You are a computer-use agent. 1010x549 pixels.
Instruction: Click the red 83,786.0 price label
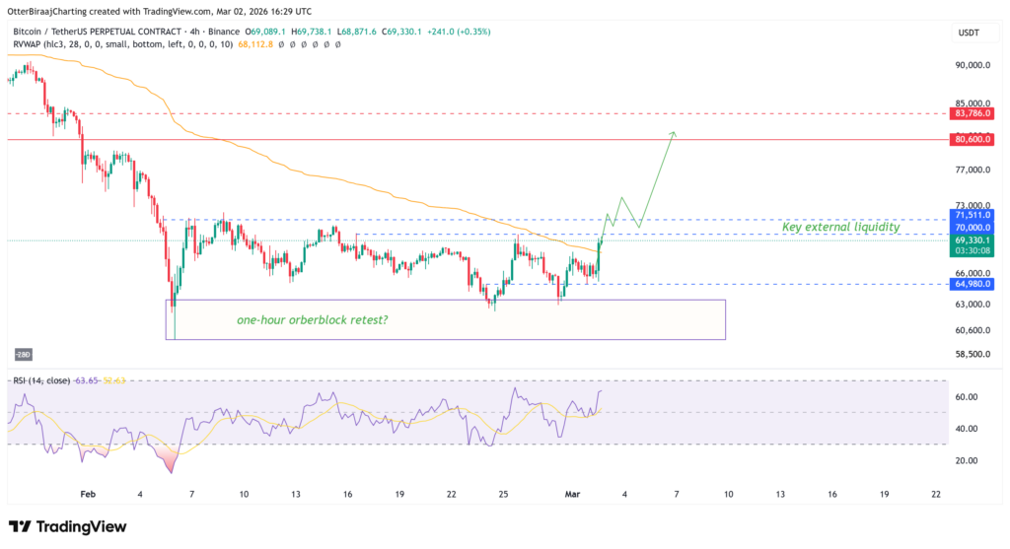click(973, 113)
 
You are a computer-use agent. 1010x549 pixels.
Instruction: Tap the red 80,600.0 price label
click(973, 140)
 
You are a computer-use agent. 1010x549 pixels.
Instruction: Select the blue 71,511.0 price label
click(973, 214)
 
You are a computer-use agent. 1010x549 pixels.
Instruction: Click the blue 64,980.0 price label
click(973, 284)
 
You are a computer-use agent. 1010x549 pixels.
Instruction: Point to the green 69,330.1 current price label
click(973, 240)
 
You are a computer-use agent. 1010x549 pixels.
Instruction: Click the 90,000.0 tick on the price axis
click(973, 65)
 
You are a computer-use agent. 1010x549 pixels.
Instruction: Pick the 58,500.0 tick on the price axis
click(973, 354)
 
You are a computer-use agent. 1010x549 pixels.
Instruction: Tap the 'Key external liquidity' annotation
click(840, 228)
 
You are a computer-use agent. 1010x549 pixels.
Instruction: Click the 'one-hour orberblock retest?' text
click(312, 320)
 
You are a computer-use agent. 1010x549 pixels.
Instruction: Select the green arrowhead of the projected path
click(673, 133)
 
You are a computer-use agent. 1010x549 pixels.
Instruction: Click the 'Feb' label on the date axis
click(88, 493)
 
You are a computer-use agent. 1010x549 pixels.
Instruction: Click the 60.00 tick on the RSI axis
click(968, 397)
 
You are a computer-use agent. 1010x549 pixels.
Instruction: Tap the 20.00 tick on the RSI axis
click(968, 460)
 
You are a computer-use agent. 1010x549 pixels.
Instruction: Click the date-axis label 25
click(503, 493)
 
